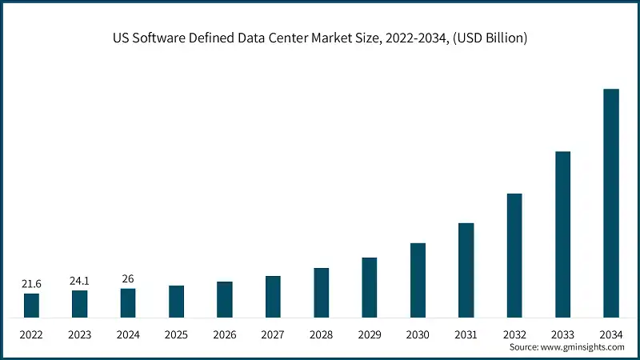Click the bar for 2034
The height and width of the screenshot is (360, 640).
point(610,203)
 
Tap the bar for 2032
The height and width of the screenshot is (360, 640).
point(514,255)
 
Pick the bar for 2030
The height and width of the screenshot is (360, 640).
point(418,280)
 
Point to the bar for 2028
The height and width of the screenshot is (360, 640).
point(321,293)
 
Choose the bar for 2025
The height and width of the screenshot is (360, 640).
point(176,302)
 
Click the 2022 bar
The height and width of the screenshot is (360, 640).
point(31,306)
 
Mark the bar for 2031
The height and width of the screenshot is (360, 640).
point(466,270)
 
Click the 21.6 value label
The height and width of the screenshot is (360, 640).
point(31,284)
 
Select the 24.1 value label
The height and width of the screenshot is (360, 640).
point(79,281)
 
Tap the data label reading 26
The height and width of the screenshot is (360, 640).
point(128,279)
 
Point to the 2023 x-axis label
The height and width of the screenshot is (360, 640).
point(79,334)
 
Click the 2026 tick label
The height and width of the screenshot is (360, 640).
point(224,334)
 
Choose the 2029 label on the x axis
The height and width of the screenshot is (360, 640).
point(369,334)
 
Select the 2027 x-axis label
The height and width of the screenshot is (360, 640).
point(273,334)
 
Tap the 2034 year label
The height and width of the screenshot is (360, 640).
point(610,334)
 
